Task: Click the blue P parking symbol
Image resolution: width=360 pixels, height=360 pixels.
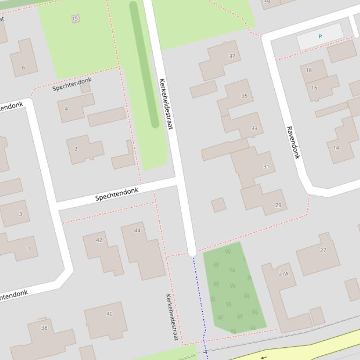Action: click(320, 36)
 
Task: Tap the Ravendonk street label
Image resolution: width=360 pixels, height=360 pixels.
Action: click(293, 143)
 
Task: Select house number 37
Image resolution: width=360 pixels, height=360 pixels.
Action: click(232, 56)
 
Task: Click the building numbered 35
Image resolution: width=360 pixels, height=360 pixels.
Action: click(244, 96)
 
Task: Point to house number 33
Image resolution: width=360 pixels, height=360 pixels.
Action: click(254, 128)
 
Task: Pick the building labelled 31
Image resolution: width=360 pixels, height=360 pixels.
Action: click(266, 166)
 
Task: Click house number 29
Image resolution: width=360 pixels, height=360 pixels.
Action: click(278, 205)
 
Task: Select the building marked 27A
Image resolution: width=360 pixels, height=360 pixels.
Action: click(284, 274)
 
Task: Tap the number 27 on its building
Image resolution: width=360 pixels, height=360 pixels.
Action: click(323, 250)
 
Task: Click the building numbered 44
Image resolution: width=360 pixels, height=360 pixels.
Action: click(137, 230)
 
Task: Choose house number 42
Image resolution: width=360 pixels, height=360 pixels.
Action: click(99, 240)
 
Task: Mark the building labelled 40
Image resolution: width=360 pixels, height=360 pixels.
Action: click(110, 314)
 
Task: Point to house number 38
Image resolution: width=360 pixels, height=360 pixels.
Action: click(44, 328)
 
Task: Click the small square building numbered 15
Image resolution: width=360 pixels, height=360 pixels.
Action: click(75, 19)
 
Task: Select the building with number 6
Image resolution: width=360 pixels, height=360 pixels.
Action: click(23, 67)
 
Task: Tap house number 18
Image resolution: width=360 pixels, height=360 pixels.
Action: click(309, 70)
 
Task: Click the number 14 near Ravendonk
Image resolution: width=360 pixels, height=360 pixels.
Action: click(336, 148)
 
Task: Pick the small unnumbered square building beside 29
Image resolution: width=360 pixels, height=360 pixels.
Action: click(219, 205)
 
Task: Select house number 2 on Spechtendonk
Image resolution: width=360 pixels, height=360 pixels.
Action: click(76, 149)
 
